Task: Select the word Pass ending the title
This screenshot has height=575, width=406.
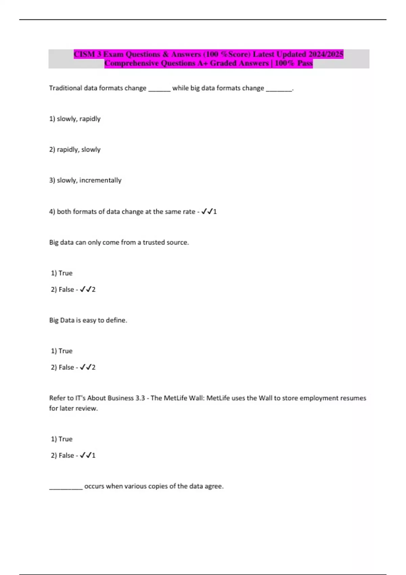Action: click(x=305, y=63)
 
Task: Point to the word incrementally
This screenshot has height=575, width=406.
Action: click(x=100, y=180)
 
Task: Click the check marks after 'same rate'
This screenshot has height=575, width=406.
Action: click(x=207, y=211)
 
